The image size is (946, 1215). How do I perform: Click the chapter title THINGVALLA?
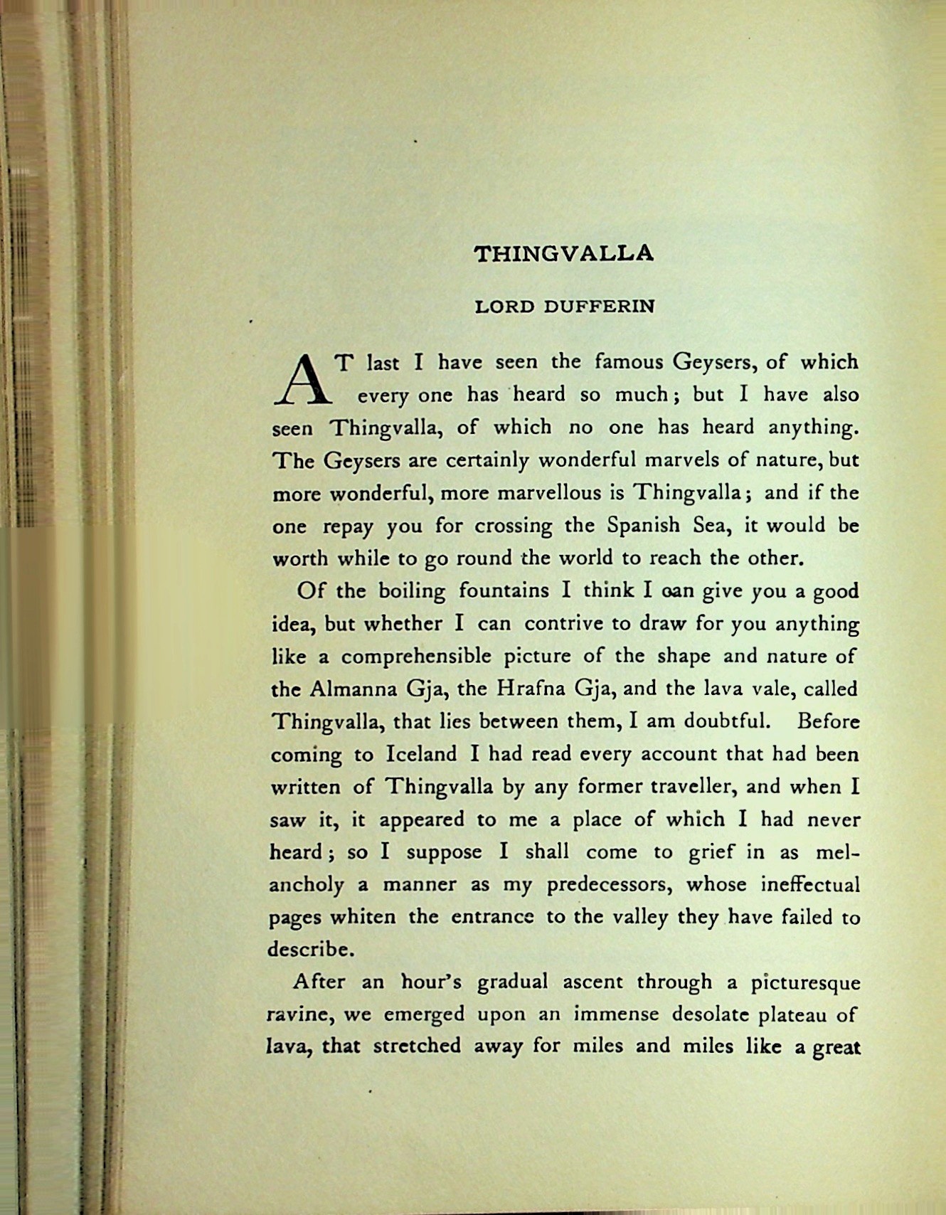pos(563,254)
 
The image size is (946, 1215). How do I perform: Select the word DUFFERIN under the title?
pos(599,307)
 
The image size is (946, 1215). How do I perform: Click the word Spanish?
pos(644,526)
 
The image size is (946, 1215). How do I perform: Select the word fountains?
pos(504,591)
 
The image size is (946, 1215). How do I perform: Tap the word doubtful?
pos(727,721)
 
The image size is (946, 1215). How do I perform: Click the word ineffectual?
pos(810,885)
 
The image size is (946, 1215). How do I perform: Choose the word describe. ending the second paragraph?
pos(310,950)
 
